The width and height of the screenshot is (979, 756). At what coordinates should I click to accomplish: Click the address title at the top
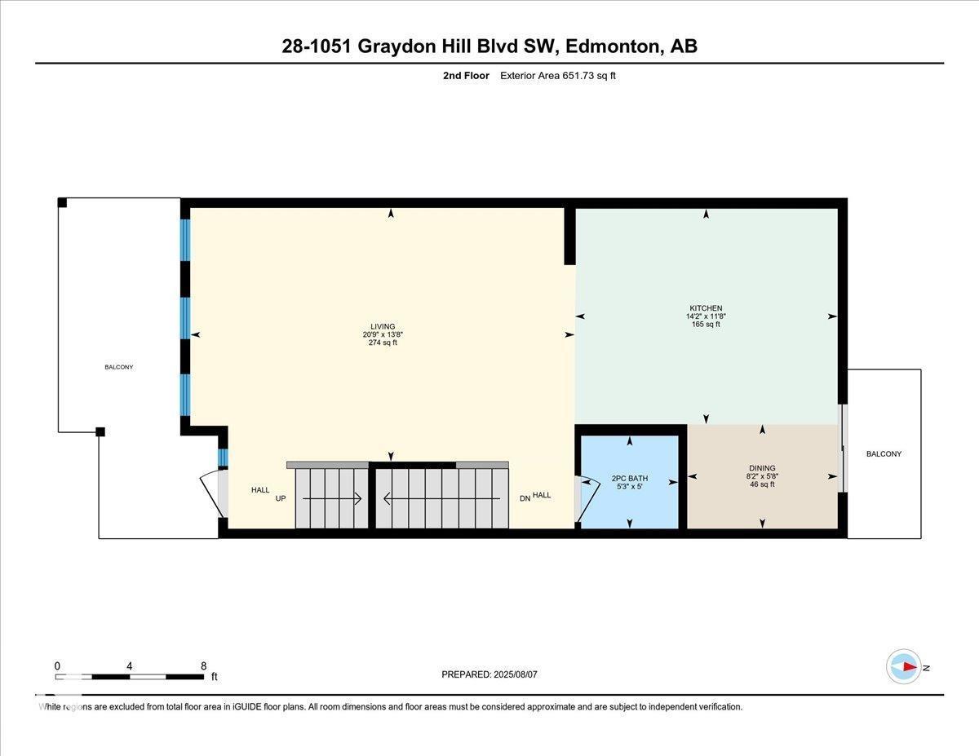point(489,46)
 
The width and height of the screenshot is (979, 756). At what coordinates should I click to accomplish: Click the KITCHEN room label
point(706,308)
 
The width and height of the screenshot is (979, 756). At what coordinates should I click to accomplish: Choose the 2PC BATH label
point(629,479)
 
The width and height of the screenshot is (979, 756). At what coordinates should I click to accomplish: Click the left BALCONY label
point(118,367)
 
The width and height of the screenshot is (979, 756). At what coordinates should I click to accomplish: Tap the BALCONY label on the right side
point(884,454)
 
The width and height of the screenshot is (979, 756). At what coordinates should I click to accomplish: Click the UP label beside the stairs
point(281,497)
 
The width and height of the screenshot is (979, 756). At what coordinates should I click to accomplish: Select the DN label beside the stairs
point(525,497)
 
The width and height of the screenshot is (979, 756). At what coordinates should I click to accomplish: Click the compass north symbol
point(904,667)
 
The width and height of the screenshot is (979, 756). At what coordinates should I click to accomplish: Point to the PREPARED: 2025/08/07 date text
point(489,674)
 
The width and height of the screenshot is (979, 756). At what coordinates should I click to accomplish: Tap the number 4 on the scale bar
point(130,665)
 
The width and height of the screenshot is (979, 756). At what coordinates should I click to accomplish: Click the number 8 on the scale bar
point(203,665)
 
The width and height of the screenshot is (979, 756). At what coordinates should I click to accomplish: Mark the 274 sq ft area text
point(383,343)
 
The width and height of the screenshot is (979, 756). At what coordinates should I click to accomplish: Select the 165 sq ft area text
point(706,325)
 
